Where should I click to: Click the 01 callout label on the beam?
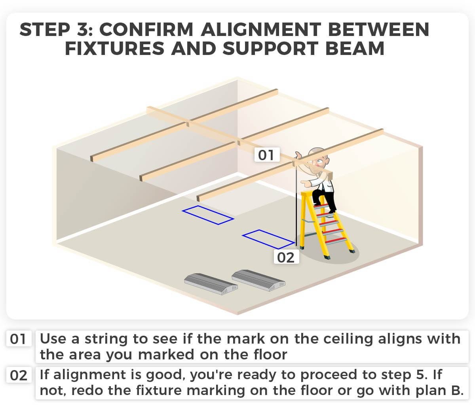click(266, 155)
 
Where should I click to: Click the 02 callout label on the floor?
click(286, 257)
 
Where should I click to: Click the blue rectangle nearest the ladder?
click(268, 239)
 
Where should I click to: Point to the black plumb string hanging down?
click(296, 206)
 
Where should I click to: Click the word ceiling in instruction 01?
click(348, 339)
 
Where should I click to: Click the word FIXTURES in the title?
click(114, 49)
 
